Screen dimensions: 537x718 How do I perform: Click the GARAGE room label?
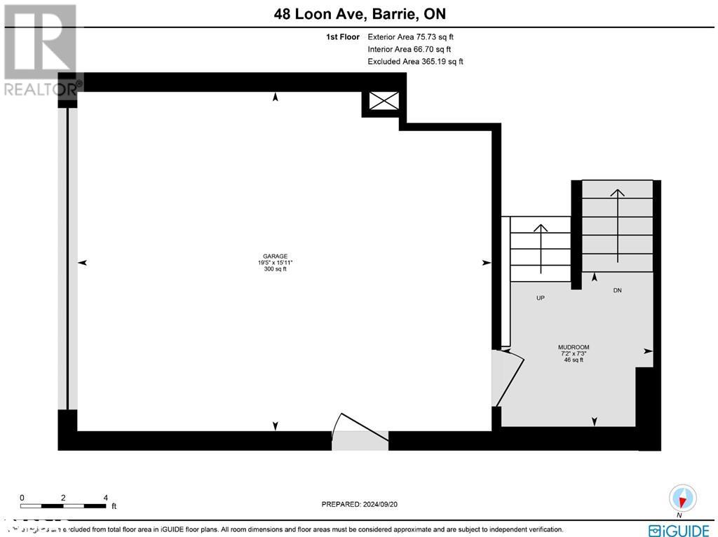(x=276, y=256)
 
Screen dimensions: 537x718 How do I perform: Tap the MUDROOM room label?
(x=573, y=347)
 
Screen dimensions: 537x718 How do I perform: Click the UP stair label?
(x=541, y=298)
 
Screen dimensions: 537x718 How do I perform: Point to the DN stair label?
(x=617, y=290)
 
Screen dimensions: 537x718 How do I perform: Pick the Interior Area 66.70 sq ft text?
(x=409, y=49)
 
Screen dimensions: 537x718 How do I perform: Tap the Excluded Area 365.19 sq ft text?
(x=415, y=62)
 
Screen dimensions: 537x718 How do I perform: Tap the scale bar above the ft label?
(x=63, y=505)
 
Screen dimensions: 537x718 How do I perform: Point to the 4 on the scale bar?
(x=105, y=498)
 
